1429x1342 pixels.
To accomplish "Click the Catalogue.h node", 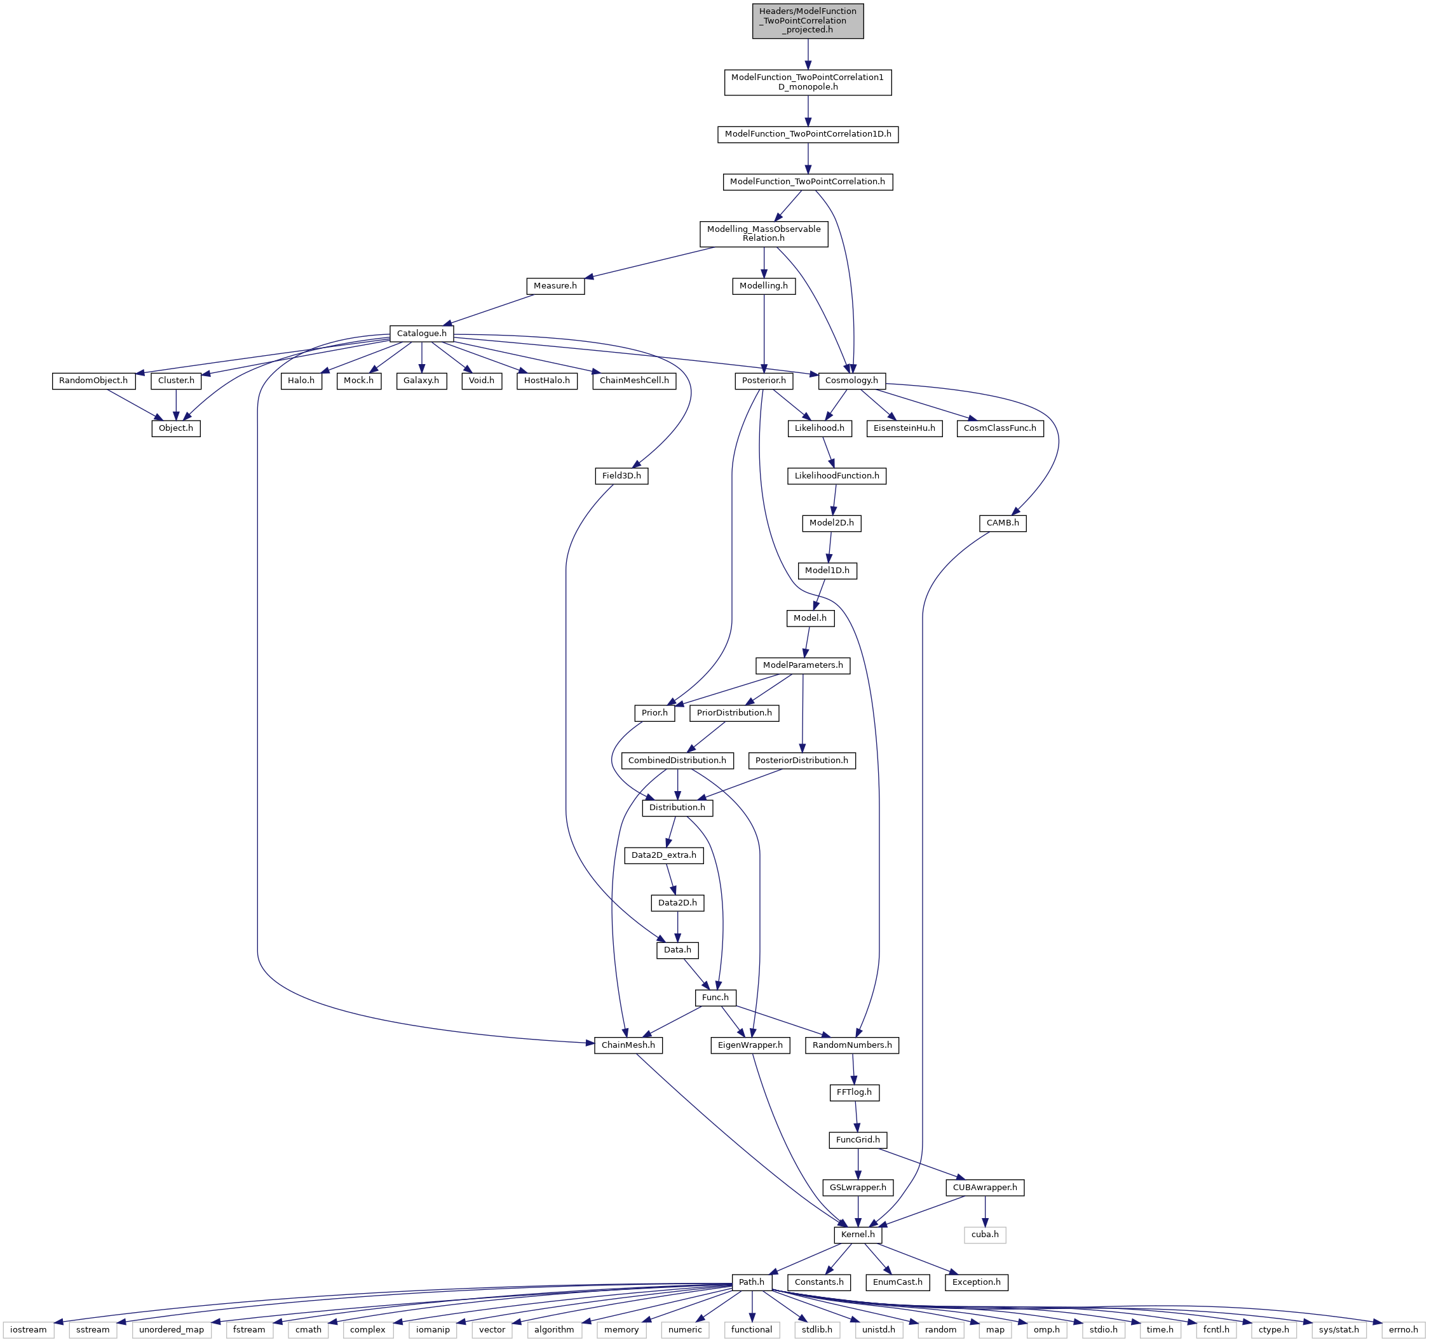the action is pos(421,334).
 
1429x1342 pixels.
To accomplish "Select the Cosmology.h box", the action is pos(851,380).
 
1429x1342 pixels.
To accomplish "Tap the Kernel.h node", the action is pos(858,1234).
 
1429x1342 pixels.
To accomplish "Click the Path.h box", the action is pos(751,1282).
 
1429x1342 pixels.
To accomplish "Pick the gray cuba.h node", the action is pos(985,1234).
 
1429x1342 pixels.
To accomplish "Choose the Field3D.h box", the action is pos(621,476).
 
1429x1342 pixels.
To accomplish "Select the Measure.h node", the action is pos(555,286).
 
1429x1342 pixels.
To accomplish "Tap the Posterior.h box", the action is pos(763,380).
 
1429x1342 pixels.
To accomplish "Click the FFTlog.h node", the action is pos(854,1092).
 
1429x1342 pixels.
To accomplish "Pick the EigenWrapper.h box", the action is pos(750,1045).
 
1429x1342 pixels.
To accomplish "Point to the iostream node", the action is pos(29,1329).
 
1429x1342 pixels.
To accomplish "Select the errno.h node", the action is pos(1403,1329).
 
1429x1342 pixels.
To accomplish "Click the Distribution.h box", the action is pos(677,807).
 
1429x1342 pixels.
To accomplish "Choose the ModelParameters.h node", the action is pos(803,665).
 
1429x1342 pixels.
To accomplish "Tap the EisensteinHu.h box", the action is pos(904,428).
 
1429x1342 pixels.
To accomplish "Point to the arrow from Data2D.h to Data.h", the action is pos(677,926).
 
